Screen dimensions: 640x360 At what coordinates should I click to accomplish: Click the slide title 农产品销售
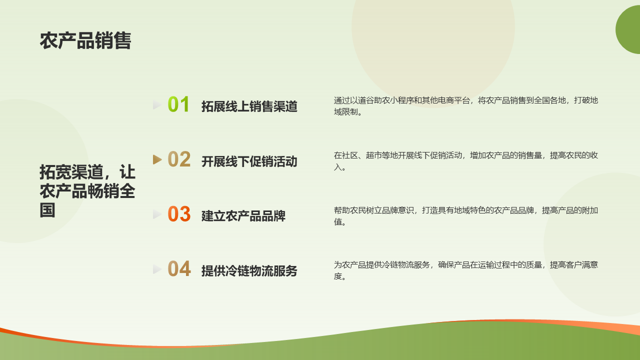pyautogui.click(x=85, y=40)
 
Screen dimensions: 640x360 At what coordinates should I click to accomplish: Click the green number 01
pyautogui.click(x=178, y=104)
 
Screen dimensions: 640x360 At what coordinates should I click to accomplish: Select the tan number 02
pyautogui.click(x=179, y=159)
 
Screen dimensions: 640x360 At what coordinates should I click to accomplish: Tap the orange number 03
pyautogui.click(x=179, y=214)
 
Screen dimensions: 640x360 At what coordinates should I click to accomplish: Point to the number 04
pyautogui.click(x=179, y=268)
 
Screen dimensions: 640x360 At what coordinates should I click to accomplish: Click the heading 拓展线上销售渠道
pyautogui.click(x=249, y=106)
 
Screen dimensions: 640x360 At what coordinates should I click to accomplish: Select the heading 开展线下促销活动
pyautogui.click(x=249, y=161)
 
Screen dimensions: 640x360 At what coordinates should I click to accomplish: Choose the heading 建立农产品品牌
pyautogui.click(x=243, y=216)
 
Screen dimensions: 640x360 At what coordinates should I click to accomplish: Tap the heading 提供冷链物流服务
pyautogui.click(x=249, y=271)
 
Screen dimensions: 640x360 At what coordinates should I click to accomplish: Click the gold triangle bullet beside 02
pyautogui.click(x=157, y=159)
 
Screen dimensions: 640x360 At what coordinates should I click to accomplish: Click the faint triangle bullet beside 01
pyautogui.click(x=157, y=105)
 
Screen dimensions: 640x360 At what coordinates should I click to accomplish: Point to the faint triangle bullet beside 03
pyautogui.click(x=157, y=214)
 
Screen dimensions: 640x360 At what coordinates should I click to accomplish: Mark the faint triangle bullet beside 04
pyautogui.click(x=157, y=269)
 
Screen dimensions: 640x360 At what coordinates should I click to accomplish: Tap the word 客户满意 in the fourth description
pyautogui.click(x=582, y=265)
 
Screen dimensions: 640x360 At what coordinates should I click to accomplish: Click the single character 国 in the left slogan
pyautogui.click(x=47, y=210)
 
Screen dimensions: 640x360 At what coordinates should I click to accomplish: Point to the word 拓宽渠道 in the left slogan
pyautogui.click(x=71, y=172)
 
